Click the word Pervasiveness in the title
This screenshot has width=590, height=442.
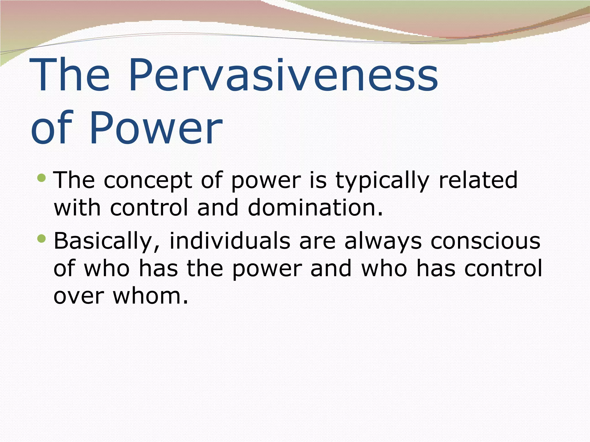pos(283,75)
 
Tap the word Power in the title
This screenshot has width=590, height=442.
pos(156,128)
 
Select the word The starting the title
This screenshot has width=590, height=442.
pos(69,75)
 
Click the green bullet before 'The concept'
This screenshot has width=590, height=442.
pos(41,178)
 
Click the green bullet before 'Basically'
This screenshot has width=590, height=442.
pos(41,238)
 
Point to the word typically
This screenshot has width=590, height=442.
pos(382,181)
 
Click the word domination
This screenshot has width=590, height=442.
pos(315,208)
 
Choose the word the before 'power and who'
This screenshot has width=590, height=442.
pos(205,268)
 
